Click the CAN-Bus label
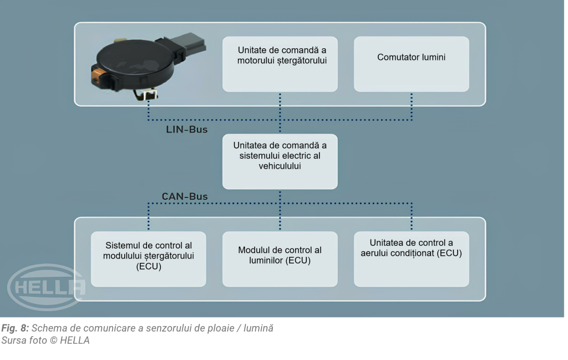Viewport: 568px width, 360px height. (185, 196)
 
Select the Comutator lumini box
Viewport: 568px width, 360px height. (411, 64)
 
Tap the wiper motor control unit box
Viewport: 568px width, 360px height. (280, 64)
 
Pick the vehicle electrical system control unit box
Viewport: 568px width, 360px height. (280, 161)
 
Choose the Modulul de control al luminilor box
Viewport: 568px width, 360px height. (280, 258)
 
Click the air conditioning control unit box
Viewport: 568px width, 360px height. (411, 258)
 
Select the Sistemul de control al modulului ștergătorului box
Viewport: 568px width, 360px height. (148, 258)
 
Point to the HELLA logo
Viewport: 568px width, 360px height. (47, 286)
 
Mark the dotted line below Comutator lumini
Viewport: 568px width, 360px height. (412, 106)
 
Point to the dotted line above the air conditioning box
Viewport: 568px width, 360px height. (412, 217)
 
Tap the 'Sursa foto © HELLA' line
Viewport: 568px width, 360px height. (45, 340)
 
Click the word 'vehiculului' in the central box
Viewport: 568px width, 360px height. (280, 166)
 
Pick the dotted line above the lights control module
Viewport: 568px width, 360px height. (280, 217)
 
